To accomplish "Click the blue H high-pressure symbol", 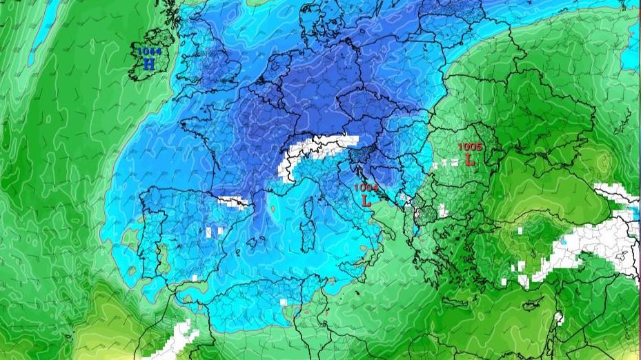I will coord(148,64).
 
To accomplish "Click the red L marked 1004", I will coord(366,201).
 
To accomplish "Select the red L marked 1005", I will coord(470,160).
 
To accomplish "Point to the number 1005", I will coord(470,147).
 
